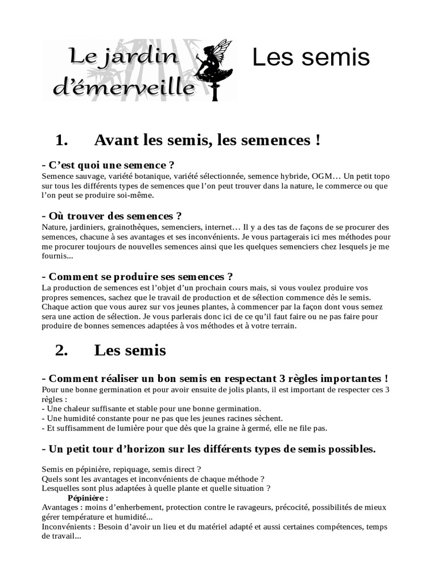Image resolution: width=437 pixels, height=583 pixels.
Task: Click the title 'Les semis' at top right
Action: click(311, 57)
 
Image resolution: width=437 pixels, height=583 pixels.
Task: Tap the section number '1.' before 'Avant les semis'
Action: click(62, 139)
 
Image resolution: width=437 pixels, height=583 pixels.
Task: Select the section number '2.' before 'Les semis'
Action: click(62, 350)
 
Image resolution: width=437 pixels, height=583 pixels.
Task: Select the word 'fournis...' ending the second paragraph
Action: click(57, 256)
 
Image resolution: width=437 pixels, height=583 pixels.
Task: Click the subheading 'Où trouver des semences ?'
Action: click(112, 216)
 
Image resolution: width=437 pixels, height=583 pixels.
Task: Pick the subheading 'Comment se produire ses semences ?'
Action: click(137, 277)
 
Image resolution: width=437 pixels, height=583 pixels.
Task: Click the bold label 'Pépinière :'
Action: click(92, 498)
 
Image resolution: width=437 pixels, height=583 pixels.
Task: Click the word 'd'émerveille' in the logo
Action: click(123, 87)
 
